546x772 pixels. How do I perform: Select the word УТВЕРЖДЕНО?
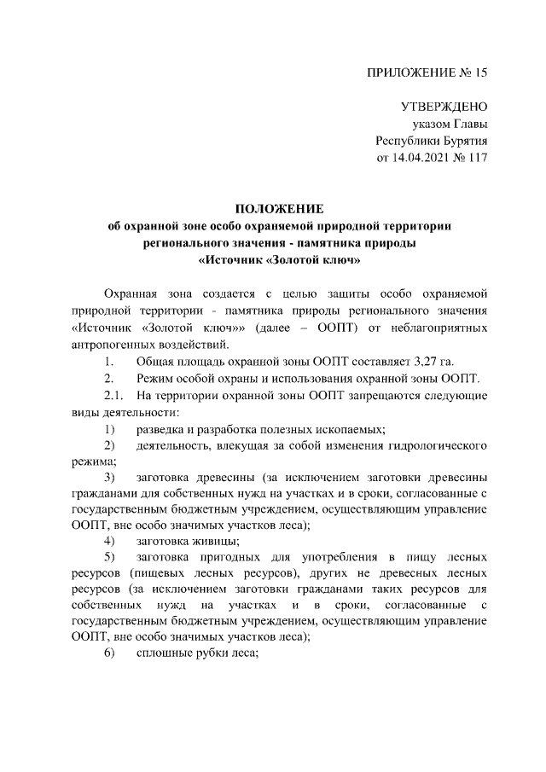444,107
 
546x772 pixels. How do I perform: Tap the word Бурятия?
461,141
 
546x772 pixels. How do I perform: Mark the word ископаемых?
351,428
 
